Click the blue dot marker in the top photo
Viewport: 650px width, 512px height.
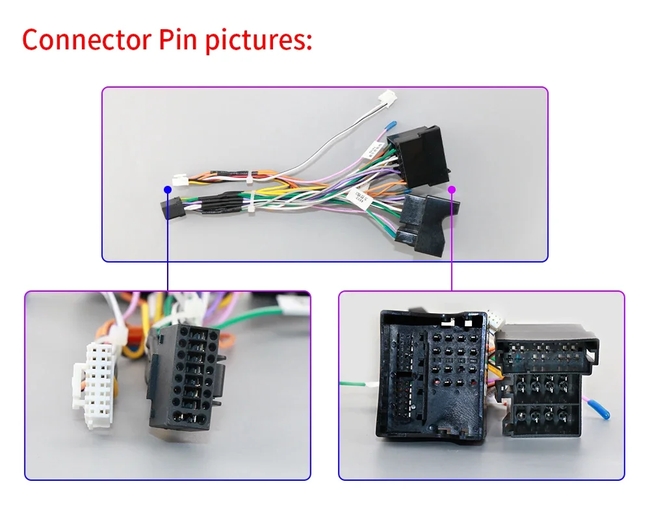168,190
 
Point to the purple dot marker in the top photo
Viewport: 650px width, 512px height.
452,189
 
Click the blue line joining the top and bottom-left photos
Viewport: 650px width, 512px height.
168,247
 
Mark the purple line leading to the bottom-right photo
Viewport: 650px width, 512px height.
452,247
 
